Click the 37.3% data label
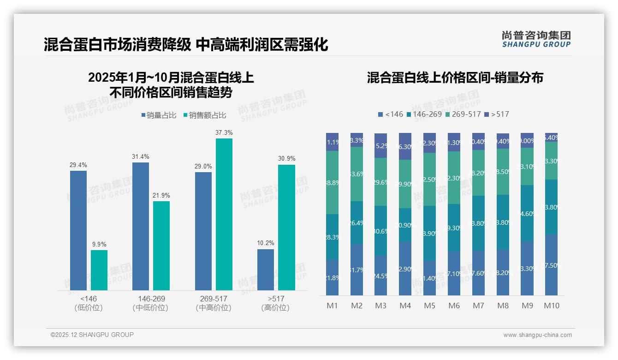click(x=224, y=132)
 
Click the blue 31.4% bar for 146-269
click(x=141, y=226)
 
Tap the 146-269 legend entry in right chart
click(x=424, y=114)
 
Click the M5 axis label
click(x=429, y=306)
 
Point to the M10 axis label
click(x=551, y=306)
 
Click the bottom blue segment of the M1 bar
click(x=332, y=277)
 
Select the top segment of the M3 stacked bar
click(x=380, y=145)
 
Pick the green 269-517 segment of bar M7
click(x=478, y=173)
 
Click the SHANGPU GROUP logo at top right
click(x=536, y=39)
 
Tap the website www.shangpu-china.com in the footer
click(x=537, y=335)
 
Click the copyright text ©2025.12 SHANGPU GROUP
click(x=92, y=335)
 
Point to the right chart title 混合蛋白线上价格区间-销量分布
click(x=455, y=78)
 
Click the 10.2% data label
click(x=266, y=243)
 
